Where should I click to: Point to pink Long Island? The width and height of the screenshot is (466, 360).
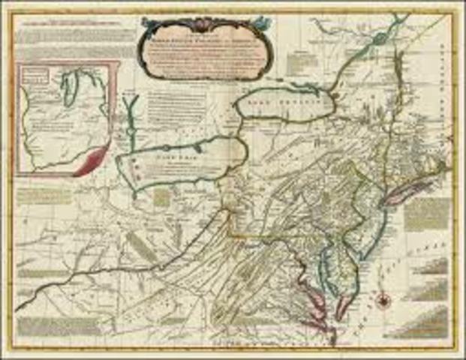tap(395, 196)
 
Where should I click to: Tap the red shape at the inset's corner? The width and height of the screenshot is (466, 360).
tap(92, 160)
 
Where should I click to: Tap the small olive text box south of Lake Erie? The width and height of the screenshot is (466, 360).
tap(162, 198)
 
